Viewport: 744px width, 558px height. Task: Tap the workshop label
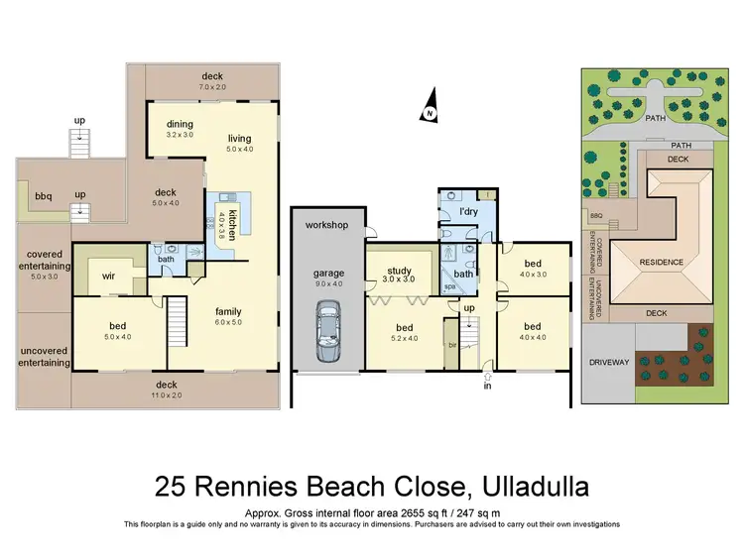click(x=326, y=225)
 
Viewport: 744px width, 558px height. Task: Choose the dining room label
click(x=180, y=123)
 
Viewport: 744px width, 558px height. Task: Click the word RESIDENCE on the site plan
click(x=662, y=263)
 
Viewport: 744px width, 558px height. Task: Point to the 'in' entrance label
click(x=486, y=387)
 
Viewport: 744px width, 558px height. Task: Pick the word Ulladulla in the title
click(x=536, y=487)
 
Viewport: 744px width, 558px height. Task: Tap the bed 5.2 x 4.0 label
click(x=405, y=333)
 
